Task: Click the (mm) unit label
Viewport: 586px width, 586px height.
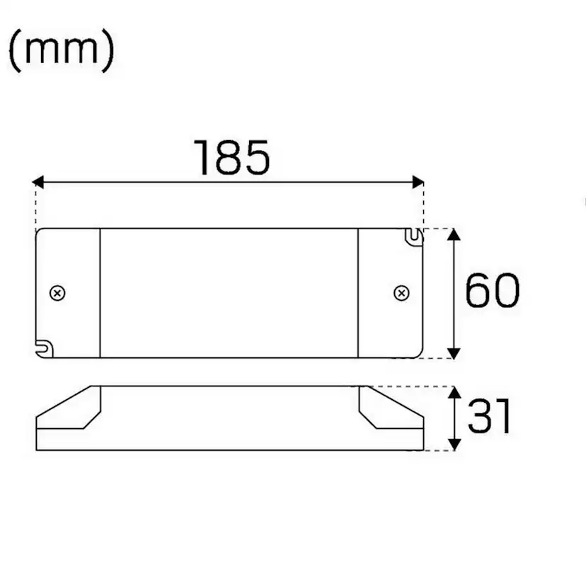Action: [x=62, y=52]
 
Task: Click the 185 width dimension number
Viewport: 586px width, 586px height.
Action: [x=232, y=158]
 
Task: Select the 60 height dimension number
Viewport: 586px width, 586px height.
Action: [x=493, y=291]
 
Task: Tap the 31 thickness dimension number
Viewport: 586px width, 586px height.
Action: [x=489, y=417]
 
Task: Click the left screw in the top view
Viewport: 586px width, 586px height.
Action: [x=57, y=293]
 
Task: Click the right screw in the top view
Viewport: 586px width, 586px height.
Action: [x=401, y=293]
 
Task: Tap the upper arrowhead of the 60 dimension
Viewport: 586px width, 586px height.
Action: [x=454, y=235]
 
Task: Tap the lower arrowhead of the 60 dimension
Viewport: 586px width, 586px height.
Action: [x=454, y=351]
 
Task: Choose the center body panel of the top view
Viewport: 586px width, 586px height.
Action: [x=228, y=293]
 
